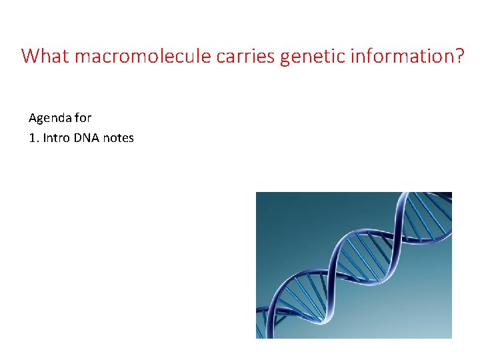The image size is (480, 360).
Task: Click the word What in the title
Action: pyautogui.click(x=46, y=56)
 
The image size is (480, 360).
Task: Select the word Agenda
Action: pyautogui.click(x=50, y=118)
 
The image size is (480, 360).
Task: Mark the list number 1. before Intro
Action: pyautogui.click(x=34, y=138)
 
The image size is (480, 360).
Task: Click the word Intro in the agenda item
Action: pyautogui.click(x=56, y=138)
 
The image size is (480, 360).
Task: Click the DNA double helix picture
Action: pyautogui.click(x=354, y=265)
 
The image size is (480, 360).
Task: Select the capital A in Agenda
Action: pyautogui.click(x=33, y=118)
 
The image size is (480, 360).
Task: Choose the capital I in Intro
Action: pyautogui.click(x=45, y=138)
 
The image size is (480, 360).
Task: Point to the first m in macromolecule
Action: pyautogui.click(x=83, y=57)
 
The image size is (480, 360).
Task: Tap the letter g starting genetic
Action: pyautogui.click(x=286, y=59)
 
